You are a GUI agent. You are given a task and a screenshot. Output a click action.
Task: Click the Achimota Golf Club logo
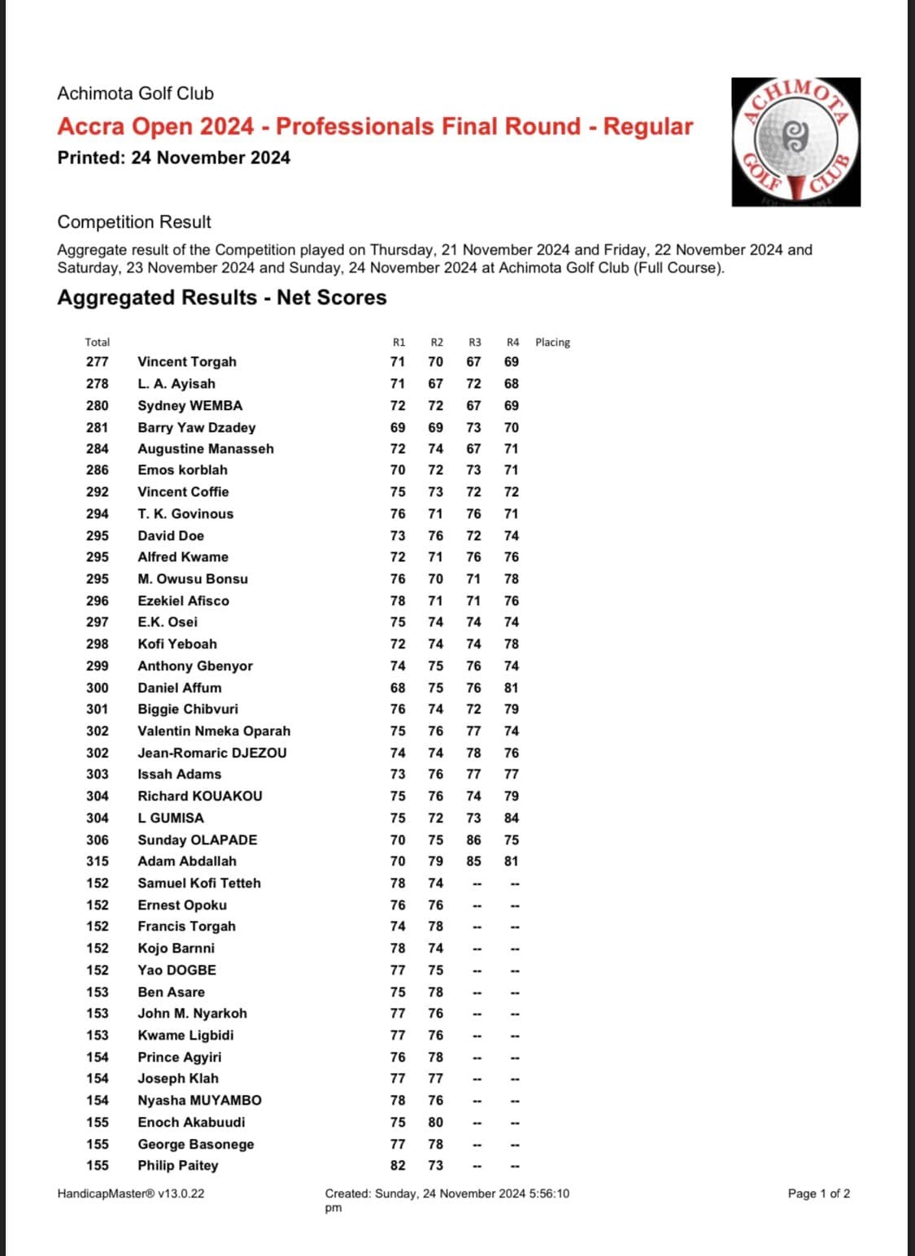point(795,142)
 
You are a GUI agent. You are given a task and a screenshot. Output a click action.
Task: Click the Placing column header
point(552,342)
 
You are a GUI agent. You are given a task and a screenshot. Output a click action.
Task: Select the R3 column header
point(474,342)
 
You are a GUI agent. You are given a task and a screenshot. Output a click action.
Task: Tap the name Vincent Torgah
point(187,362)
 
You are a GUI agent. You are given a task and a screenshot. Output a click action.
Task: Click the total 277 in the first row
point(97,362)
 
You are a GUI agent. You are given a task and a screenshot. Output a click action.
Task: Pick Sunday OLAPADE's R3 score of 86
point(473,840)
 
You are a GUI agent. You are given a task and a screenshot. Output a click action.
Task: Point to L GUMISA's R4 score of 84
point(512,818)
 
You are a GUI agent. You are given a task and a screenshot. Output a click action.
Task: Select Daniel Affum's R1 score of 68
point(398,687)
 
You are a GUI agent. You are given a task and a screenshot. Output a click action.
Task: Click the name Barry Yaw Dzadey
point(196,427)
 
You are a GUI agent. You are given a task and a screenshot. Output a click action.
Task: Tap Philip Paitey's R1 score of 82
point(398,1165)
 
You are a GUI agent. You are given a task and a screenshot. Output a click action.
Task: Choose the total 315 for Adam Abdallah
point(97,861)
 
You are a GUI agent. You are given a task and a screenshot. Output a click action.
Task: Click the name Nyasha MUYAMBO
point(199,1100)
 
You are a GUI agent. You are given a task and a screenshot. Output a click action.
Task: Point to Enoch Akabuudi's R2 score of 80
point(436,1122)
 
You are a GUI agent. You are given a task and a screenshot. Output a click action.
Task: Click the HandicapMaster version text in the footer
point(131,1193)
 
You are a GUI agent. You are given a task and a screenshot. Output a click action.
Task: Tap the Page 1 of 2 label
point(819,1193)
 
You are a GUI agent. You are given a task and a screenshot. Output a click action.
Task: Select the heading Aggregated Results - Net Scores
point(221,298)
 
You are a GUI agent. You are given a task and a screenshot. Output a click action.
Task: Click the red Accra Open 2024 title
point(375,127)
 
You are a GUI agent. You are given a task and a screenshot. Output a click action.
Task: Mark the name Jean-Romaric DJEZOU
point(211,752)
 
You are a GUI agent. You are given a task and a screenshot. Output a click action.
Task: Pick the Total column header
point(97,342)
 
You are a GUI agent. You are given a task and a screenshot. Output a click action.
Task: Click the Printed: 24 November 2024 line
point(173,158)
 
